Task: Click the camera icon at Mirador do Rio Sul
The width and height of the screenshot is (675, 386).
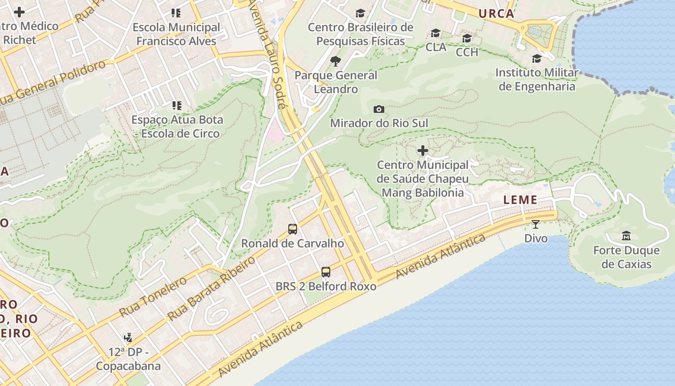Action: pos(379,109)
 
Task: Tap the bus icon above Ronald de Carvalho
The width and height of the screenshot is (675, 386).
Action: pos(292,229)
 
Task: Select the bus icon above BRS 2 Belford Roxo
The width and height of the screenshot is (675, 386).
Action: pos(326,272)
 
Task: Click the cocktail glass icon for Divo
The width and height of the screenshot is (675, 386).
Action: pos(536,224)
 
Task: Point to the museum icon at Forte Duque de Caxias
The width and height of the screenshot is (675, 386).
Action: pos(626,236)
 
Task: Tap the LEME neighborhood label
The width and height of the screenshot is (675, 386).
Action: pos(520,200)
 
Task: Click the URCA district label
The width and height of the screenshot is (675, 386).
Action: pos(496,14)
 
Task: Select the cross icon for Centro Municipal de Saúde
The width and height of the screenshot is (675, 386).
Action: pos(423,151)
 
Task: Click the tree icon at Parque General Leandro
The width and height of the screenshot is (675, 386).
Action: pos(336,61)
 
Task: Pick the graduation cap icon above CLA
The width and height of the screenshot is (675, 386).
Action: pos(436,33)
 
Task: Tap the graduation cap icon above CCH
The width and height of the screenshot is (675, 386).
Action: pos(467,38)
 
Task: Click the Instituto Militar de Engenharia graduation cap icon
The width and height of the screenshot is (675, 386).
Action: pos(537,58)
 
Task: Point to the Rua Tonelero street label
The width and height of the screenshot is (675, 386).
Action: pos(153,297)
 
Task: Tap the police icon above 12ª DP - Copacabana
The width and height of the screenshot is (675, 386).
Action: pos(128,337)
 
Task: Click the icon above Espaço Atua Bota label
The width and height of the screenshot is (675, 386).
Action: pos(176,105)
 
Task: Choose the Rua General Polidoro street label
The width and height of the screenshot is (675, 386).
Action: pos(53,82)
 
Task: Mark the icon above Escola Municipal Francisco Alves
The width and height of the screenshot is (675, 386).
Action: pos(176,13)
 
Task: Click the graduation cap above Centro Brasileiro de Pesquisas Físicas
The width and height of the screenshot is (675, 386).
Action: pos(360,13)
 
